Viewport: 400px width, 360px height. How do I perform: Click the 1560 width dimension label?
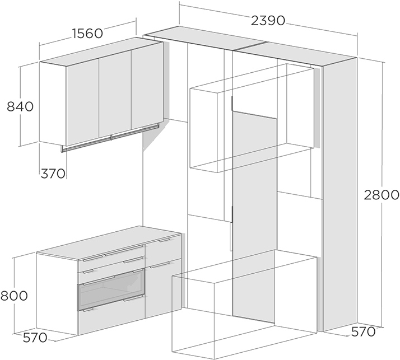[x=87, y=34]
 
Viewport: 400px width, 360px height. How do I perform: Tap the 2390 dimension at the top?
[x=268, y=20]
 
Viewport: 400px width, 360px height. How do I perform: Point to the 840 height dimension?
[x=20, y=106]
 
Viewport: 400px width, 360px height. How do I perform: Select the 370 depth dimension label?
[x=53, y=174]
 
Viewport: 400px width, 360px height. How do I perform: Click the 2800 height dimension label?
[x=381, y=195]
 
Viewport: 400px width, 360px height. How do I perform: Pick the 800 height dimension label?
[x=14, y=296]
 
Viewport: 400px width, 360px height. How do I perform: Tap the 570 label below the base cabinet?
[x=35, y=338]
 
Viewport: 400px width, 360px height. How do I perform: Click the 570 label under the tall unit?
[x=363, y=331]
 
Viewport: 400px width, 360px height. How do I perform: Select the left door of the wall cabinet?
[x=83, y=102]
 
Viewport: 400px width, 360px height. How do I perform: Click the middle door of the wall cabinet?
[x=115, y=94]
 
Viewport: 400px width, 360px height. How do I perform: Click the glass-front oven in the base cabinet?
[x=111, y=289]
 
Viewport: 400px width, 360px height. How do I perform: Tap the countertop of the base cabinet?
[x=109, y=242]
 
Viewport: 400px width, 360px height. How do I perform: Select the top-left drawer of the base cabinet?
[x=111, y=258]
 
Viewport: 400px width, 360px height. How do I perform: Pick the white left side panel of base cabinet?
[x=57, y=294]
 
